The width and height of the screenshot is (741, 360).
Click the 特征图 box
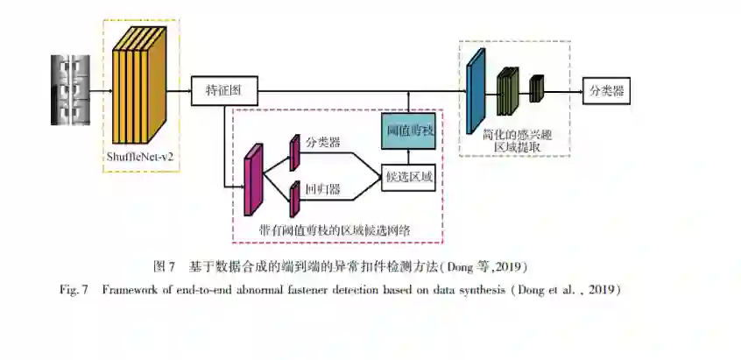(218, 90)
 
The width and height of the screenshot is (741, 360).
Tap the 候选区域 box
(409, 178)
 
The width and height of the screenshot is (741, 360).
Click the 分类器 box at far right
(607, 90)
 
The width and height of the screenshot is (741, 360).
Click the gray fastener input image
(70, 89)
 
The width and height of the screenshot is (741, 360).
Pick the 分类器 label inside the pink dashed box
(322, 142)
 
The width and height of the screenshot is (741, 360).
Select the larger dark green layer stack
(508, 91)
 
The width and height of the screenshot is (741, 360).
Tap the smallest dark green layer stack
(537, 88)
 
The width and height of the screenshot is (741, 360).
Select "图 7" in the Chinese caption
(165, 265)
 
